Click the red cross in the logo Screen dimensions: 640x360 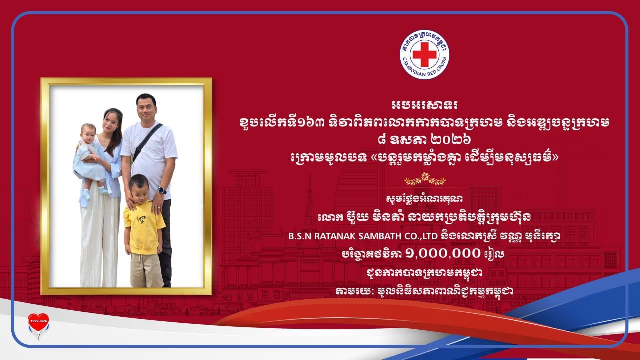(425, 54)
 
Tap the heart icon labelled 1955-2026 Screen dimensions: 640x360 (38, 323)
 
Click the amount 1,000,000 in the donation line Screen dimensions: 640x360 (443, 253)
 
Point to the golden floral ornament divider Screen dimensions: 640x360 (425, 179)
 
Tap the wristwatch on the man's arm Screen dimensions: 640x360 (162, 190)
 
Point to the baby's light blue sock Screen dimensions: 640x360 (85, 195)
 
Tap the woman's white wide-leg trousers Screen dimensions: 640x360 (100, 236)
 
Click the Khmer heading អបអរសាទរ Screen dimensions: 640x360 (425, 105)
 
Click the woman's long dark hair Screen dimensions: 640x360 (115, 131)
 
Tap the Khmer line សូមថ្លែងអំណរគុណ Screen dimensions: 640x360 (424, 199)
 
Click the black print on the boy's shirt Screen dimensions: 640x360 (141, 219)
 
